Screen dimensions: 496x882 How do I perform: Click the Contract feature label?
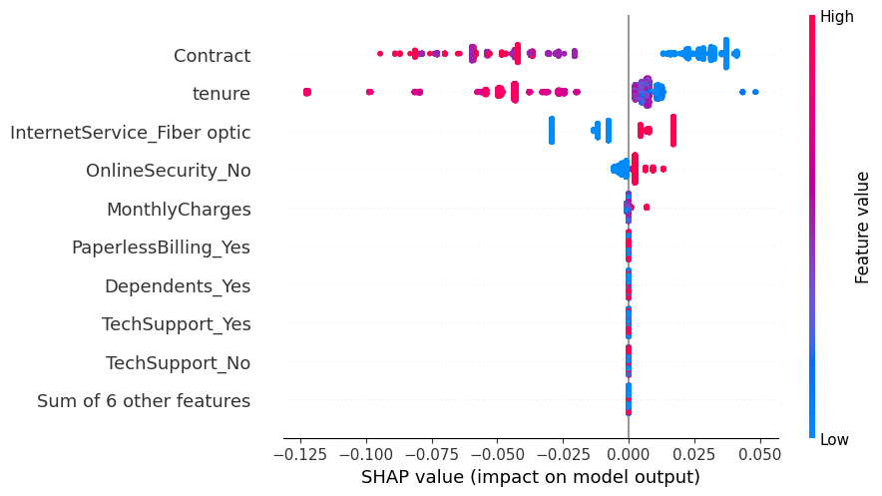pos(212,56)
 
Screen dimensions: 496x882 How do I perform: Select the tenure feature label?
pos(221,94)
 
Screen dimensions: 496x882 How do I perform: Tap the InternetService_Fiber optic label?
pos(131,133)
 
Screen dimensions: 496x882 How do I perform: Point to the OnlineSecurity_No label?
pos(169,171)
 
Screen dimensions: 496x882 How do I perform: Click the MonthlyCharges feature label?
pos(179,210)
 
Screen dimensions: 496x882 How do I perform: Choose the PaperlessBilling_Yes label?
pos(161,248)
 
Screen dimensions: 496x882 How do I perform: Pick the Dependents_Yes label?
pos(178,286)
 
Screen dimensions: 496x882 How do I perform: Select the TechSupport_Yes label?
pos(177,324)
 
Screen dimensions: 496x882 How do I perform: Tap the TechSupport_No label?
pos(179,363)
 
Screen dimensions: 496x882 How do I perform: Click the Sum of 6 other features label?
pos(144,401)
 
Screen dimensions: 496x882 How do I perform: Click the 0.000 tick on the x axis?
pos(629,451)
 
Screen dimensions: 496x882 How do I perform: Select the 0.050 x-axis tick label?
pos(759,451)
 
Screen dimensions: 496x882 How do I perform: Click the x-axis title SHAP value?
pos(531,477)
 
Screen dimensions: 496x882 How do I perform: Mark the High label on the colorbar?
pos(836,17)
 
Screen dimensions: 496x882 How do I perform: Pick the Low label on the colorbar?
pos(835,440)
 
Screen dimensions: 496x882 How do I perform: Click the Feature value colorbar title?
pos(864,227)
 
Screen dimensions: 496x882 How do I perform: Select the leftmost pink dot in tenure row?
pos(306,92)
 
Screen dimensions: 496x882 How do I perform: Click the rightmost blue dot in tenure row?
pos(755,92)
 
